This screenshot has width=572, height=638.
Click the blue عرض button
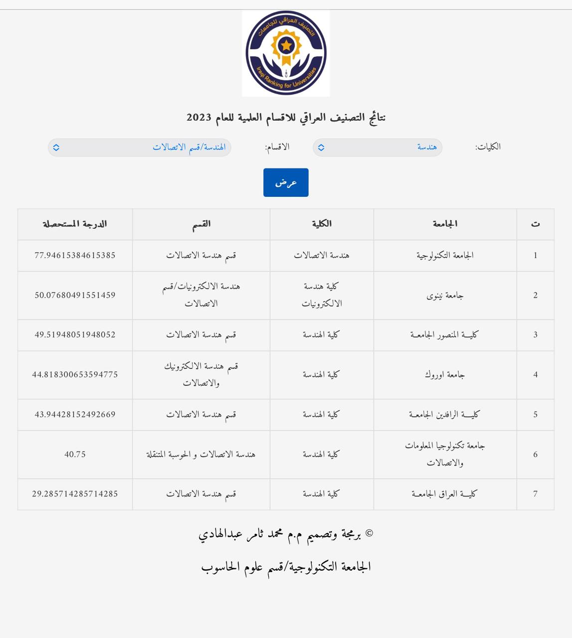(286, 182)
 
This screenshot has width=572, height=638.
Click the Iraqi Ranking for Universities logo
(286, 53)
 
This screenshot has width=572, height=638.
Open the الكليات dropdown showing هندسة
(377, 148)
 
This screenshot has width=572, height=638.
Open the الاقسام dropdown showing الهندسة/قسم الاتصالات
(140, 148)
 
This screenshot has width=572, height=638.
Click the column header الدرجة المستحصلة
(75, 224)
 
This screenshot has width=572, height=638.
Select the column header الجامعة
(445, 224)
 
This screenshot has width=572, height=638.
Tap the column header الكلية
(322, 224)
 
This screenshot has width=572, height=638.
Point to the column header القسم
(201, 224)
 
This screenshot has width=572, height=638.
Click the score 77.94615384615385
(75, 255)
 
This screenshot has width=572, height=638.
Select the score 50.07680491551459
(75, 295)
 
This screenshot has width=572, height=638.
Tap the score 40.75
(75, 455)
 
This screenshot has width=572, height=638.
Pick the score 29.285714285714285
(75, 494)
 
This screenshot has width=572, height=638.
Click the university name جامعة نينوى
(445, 296)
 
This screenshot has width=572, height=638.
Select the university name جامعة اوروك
(445, 375)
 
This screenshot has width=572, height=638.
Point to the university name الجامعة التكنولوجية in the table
(445, 255)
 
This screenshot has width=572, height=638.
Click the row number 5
(535, 415)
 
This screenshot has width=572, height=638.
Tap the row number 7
(535, 494)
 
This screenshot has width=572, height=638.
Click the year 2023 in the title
(199, 118)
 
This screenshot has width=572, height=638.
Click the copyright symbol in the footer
(369, 534)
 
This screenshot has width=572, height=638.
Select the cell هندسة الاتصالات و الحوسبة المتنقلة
(201, 455)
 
